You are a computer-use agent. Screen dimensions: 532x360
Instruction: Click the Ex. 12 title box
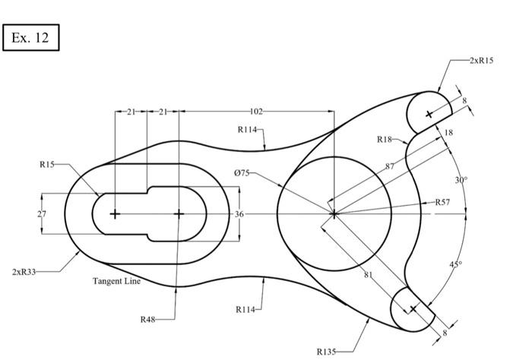pyautogui.click(x=31, y=37)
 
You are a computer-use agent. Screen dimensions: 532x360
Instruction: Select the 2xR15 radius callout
pyautogui.click(x=480, y=59)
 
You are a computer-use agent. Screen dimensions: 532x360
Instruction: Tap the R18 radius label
pyautogui.click(x=384, y=139)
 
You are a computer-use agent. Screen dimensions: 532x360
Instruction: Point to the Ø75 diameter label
pyautogui.click(x=242, y=173)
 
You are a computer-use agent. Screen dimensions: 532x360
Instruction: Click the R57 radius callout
pyautogui.click(x=442, y=203)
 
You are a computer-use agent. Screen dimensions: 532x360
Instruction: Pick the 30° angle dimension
pyautogui.click(x=461, y=180)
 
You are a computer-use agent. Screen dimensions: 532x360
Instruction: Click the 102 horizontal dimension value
pyautogui.click(x=256, y=112)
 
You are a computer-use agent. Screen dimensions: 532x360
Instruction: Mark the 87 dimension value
pyautogui.click(x=390, y=166)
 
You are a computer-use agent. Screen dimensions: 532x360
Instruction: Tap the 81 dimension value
pyautogui.click(x=368, y=274)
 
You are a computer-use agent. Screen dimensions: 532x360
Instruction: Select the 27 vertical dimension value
pyautogui.click(x=42, y=214)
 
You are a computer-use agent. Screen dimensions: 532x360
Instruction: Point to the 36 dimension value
pyautogui.click(x=239, y=214)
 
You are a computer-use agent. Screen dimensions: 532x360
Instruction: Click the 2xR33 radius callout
pyautogui.click(x=24, y=271)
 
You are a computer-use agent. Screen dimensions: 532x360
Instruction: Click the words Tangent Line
pyautogui.click(x=116, y=281)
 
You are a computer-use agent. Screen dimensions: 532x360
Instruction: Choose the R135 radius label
pyautogui.click(x=326, y=352)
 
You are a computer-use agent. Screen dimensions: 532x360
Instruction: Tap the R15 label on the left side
pyautogui.click(x=47, y=163)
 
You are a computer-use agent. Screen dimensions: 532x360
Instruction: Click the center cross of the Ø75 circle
pyautogui.click(x=333, y=214)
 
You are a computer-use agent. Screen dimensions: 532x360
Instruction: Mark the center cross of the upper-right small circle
pyautogui.click(x=429, y=114)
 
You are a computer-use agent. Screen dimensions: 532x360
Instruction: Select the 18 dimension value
pyautogui.click(x=448, y=133)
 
